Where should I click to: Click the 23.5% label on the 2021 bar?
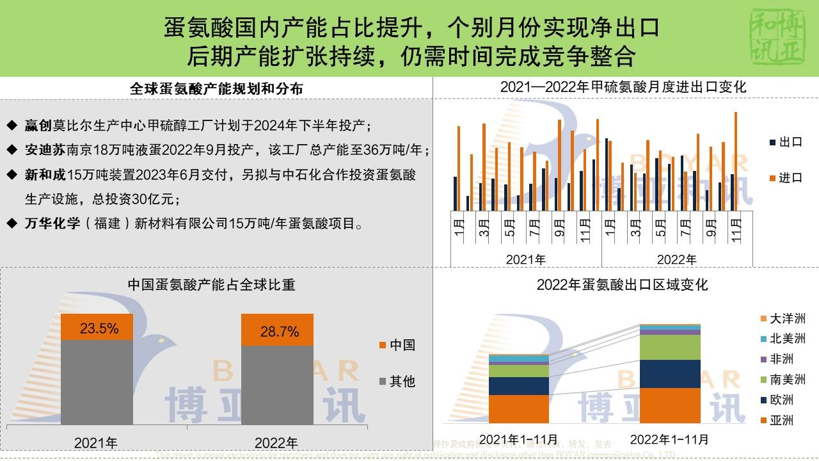coord(99,329)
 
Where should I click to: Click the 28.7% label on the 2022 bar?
coord(280,332)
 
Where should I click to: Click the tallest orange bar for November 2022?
coord(736,161)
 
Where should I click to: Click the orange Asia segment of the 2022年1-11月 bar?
coord(670,405)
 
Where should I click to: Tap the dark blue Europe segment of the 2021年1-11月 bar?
coord(518,385)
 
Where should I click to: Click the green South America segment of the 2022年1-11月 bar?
coord(670,347)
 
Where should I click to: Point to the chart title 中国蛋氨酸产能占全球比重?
coord(211,285)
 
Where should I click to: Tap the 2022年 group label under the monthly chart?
coord(676,260)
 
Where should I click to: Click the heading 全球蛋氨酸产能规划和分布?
coord(216,89)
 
